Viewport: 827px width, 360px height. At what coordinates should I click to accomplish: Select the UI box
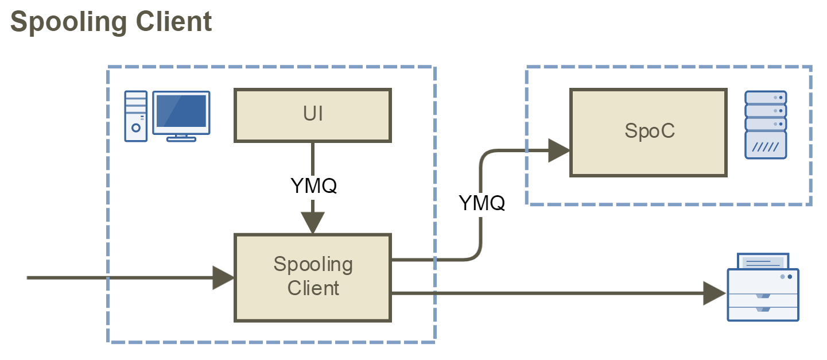pyautogui.click(x=312, y=115)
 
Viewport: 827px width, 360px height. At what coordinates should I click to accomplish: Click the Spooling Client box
pyautogui.click(x=312, y=277)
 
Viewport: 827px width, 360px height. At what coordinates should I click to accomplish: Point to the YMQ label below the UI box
pyautogui.click(x=313, y=185)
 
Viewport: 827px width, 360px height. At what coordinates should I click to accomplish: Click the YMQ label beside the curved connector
pyautogui.click(x=482, y=202)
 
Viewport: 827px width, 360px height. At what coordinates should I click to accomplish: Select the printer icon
pyautogui.click(x=763, y=287)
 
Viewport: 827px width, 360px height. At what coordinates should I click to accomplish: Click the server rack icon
pyautogui.click(x=765, y=125)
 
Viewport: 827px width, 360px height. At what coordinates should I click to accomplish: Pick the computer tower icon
pyautogui.click(x=136, y=116)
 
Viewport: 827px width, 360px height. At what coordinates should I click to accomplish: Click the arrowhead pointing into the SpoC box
pyautogui.click(x=558, y=150)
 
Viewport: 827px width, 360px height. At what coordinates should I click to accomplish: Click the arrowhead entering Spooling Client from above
pyautogui.click(x=313, y=223)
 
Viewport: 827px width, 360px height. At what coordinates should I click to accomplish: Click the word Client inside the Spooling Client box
pyautogui.click(x=313, y=287)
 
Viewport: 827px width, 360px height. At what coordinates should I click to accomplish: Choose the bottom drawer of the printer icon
pyautogui.click(x=763, y=312)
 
